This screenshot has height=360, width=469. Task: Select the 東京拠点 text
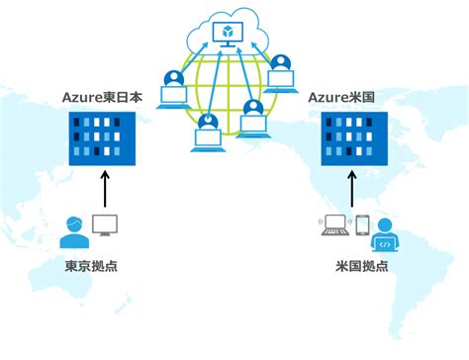89,267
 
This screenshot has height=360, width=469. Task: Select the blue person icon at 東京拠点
73,233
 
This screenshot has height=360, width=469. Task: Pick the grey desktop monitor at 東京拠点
105,225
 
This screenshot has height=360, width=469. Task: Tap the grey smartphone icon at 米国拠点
362,226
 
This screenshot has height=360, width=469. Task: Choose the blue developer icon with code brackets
385,235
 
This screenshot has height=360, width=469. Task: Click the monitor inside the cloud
229,36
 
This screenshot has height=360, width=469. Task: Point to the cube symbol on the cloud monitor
229,33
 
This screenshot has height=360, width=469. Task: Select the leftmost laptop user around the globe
174,87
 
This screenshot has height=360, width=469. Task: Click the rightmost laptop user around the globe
283,74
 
